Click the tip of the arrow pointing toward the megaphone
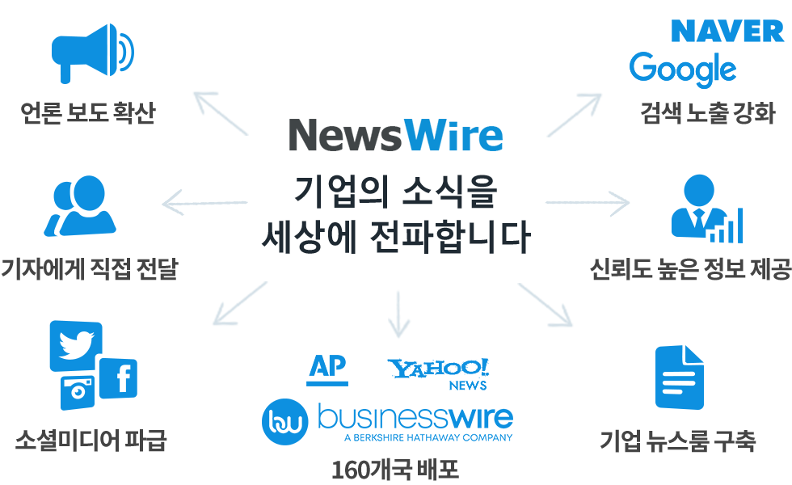[195, 93]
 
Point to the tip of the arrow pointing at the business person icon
[630, 203]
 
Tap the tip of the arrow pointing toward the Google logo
[601, 94]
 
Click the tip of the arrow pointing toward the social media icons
[213, 324]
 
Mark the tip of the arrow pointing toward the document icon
[572, 326]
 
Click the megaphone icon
[93, 53]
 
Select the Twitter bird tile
[76, 346]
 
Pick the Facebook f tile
[119, 378]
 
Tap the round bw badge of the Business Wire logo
[284, 422]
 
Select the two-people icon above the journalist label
[80, 205]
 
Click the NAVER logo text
[727, 32]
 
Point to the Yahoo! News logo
[438, 374]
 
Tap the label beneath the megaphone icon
[88, 112]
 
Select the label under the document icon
[677, 441]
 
